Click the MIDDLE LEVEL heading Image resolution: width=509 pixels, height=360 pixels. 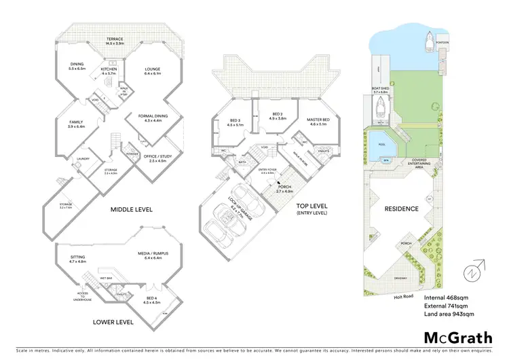tap(132, 209)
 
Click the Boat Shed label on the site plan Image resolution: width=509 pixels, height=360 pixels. tap(379, 90)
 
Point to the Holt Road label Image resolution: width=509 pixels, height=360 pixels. tap(403, 296)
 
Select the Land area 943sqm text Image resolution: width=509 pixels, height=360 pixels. tap(449, 314)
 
